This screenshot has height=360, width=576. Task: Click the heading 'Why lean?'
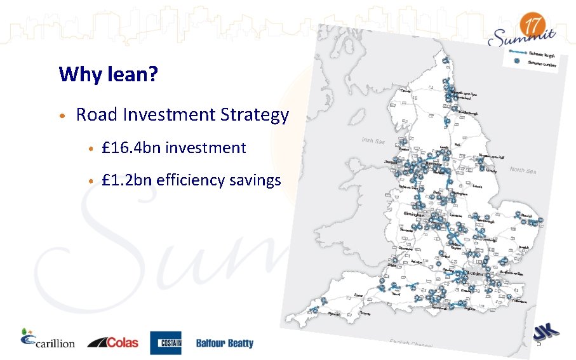(x=108, y=74)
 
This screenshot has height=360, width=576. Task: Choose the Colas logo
(x=113, y=342)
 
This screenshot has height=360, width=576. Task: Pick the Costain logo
(x=166, y=343)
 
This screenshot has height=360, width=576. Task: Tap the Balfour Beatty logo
(x=224, y=343)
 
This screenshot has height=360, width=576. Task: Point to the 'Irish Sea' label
(x=373, y=140)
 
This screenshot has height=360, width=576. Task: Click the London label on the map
(x=475, y=273)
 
